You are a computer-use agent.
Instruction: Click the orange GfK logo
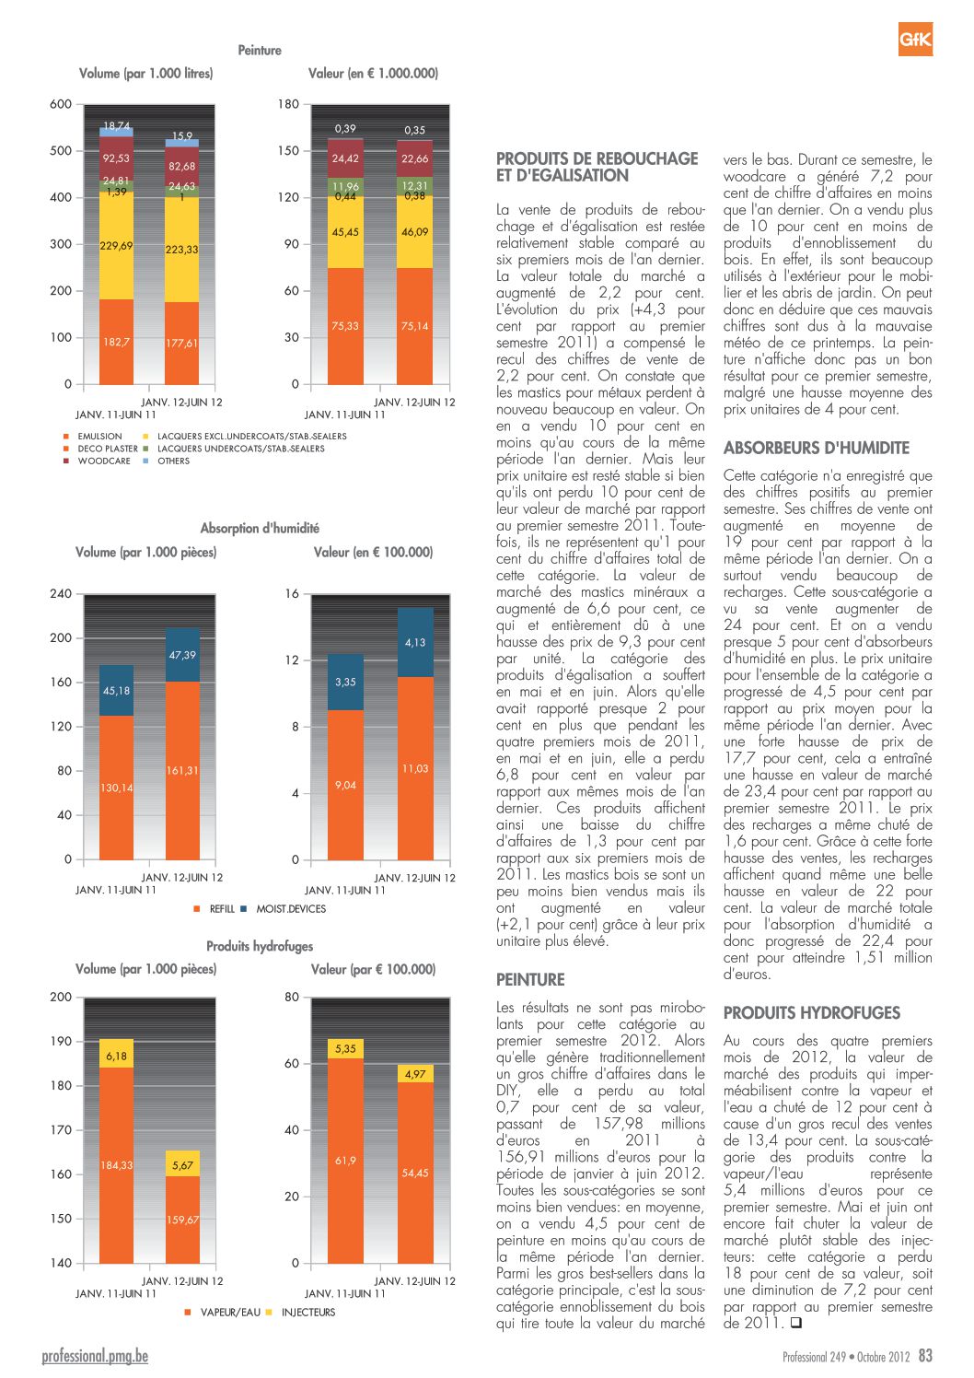point(915,39)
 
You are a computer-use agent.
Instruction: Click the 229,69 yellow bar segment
point(116,245)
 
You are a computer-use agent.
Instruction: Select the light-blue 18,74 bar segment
point(116,132)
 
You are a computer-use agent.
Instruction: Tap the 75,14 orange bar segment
point(414,326)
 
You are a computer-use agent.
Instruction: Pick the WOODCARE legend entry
point(98,461)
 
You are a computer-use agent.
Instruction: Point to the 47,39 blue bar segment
point(182,655)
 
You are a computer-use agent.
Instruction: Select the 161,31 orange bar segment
point(182,770)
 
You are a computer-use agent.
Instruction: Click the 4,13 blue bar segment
point(415,642)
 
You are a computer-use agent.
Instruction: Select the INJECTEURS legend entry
point(301,1313)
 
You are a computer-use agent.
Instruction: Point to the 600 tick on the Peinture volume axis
point(61,104)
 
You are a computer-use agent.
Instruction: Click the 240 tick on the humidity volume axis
point(61,593)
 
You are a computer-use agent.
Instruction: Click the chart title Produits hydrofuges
point(260,946)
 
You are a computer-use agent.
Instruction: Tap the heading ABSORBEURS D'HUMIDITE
point(816,448)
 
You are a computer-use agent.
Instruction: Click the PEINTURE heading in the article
point(530,979)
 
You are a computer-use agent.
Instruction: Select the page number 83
point(925,1355)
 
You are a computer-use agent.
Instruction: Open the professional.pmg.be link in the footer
point(95,1356)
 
